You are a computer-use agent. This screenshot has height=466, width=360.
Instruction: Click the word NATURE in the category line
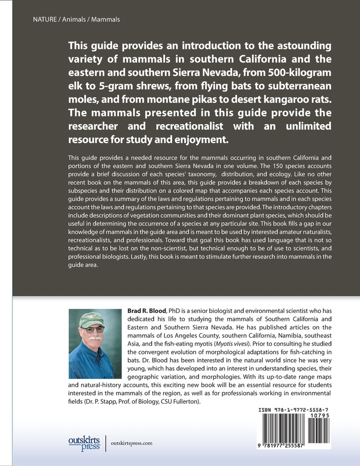[x=30, y=19]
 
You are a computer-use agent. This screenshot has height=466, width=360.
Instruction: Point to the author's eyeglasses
[x=91, y=329]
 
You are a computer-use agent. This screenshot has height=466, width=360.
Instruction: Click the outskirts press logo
[x=81, y=442]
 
